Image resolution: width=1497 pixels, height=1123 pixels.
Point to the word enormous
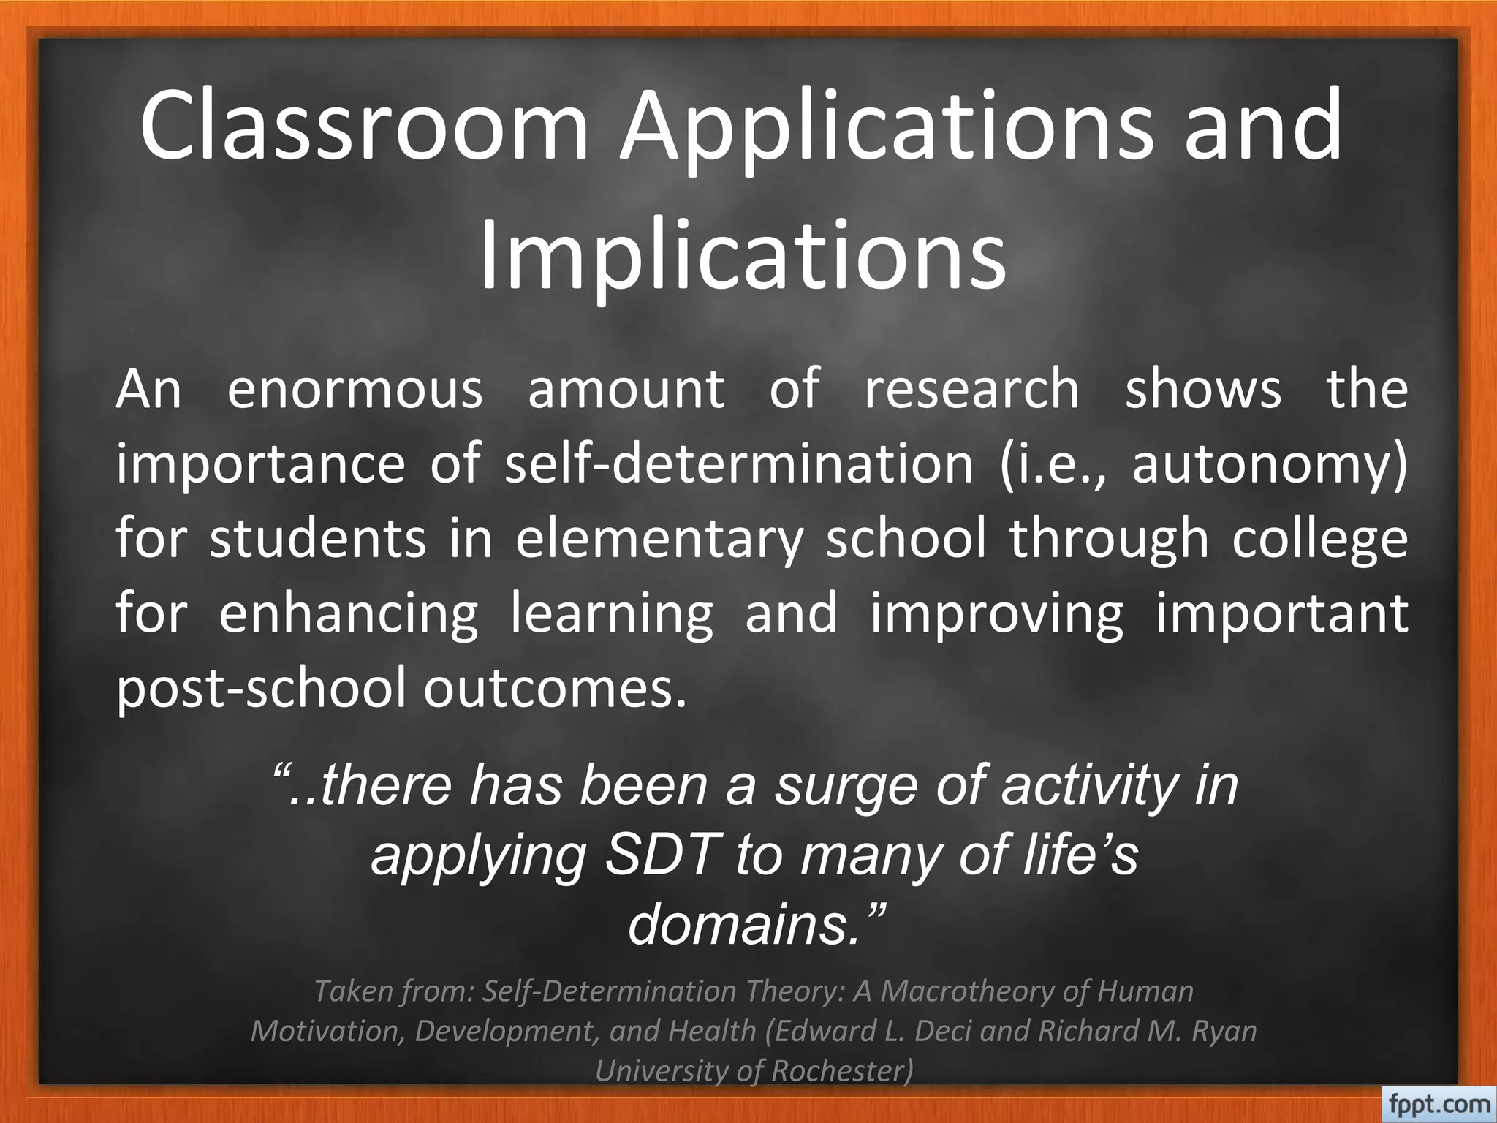[355, 389]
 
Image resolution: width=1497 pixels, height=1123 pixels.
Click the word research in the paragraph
[971, 389]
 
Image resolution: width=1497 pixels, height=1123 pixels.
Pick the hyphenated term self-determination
[739, 464]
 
